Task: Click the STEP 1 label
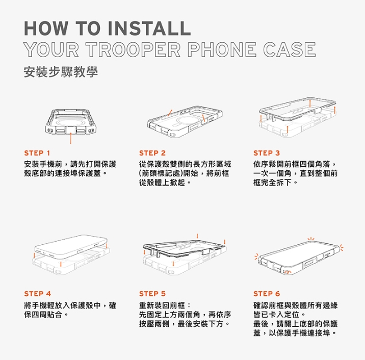click(37, 153)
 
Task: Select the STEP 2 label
click(152, 153)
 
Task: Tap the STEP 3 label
click(267, 153)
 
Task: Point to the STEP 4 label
click(38, 294)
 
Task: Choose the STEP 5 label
click(152, 294)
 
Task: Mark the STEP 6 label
click(267, 294)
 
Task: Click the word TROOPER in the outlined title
click(133, 49)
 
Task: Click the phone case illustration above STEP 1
click(70, 122)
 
